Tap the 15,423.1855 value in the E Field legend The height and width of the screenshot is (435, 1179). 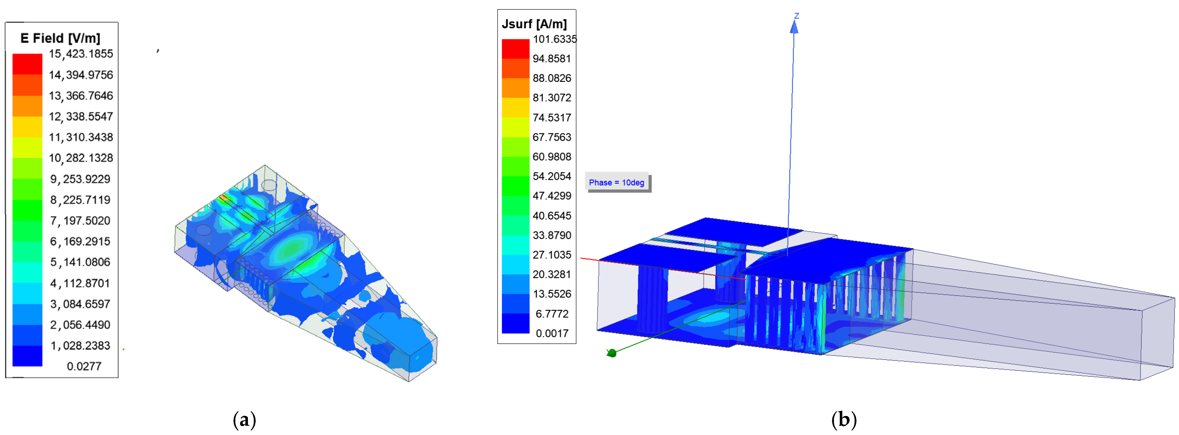click(81, 54)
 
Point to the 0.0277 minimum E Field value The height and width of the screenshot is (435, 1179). click(84, 366)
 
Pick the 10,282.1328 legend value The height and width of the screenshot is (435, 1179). click(81, 158)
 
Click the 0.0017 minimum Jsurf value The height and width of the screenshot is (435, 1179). click(553, 333)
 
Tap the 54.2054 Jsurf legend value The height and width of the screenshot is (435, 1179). click(552, 176)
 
